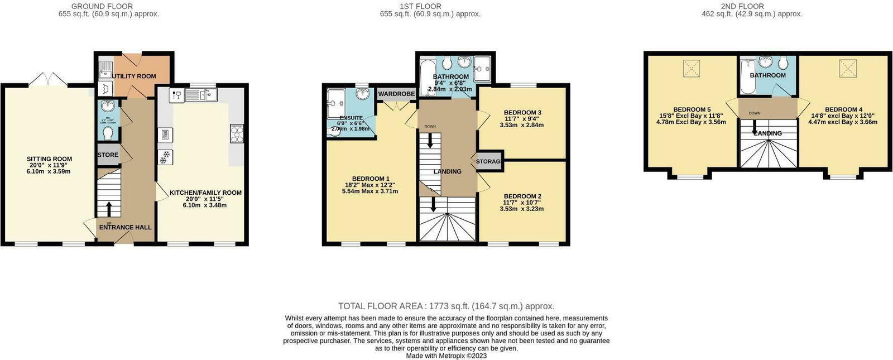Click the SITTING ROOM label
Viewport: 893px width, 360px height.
click(50, 159)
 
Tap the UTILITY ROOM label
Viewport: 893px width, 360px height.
click(135, 76)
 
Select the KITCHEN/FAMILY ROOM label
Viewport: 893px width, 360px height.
click(205, 193)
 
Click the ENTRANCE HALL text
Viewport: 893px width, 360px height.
click(125, 227)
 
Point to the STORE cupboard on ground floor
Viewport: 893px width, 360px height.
click(108, 155)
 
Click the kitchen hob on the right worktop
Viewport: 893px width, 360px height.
click(236, 133)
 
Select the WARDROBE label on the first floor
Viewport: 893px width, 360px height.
click(396, 94)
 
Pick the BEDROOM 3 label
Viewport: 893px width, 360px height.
click(522, 112)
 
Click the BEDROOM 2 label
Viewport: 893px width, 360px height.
click(522, 196)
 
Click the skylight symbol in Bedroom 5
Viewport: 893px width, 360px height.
click(692, 68)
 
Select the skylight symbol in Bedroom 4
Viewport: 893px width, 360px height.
click(847, 68)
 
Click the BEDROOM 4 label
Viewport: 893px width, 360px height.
click(843, 109)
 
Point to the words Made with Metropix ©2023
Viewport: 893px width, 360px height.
click(446, 356)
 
